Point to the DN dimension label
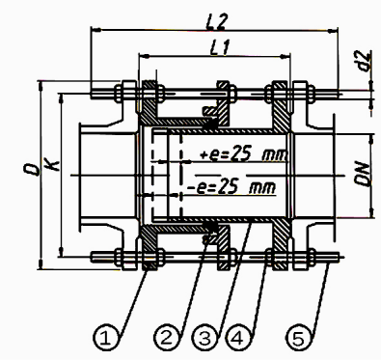click(x=363, y=175)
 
